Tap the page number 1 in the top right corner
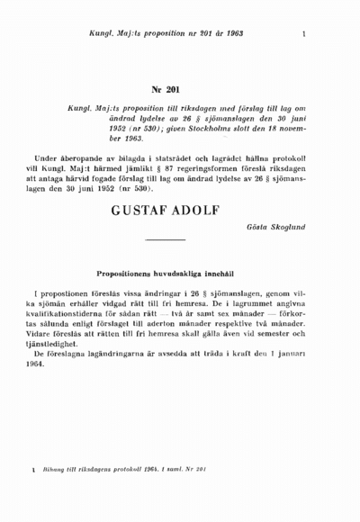point(306,35)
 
